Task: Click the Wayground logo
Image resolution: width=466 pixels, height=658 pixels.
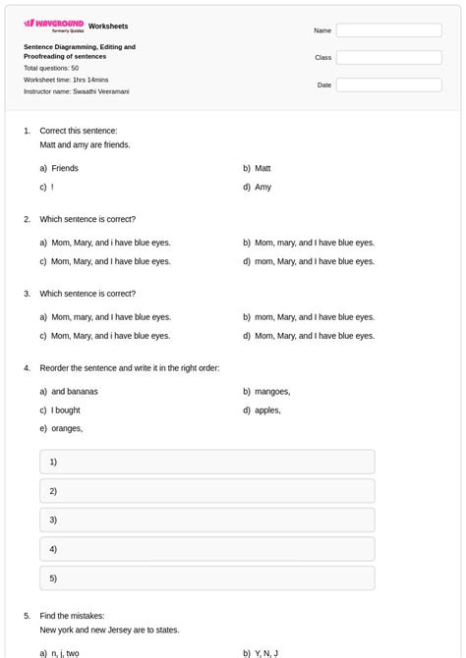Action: click(54, 25)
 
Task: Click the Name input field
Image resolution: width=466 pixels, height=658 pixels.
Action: click(388, 30)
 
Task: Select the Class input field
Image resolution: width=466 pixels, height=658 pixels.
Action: click(388, 58)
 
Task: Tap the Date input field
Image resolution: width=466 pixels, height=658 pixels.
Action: click(388, 85)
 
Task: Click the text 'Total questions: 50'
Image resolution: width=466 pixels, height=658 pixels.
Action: click(51, 68)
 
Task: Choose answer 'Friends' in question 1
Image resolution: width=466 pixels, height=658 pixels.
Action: click(65, 168)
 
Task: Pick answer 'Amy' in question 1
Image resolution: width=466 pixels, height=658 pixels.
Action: click(262, 187)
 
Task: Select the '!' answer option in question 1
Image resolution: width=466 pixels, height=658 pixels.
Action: click(52, 187)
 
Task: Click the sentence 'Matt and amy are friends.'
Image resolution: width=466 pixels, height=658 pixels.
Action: click(85, 144)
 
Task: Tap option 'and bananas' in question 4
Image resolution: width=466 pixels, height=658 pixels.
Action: click(74, 391)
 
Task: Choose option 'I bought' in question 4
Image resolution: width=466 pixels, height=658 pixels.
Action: click(66, 410)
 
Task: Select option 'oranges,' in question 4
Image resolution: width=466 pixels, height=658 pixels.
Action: click(67, 428)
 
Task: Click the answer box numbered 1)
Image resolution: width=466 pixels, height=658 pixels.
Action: click(207, 462)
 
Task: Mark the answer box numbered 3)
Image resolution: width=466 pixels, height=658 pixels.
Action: click(207, 520)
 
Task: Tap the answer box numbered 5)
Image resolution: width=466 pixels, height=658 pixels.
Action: click(207, 578)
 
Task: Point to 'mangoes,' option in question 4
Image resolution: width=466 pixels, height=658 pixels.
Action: click(272, 391)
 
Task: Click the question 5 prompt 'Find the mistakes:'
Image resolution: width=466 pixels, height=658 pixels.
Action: click(72, 616)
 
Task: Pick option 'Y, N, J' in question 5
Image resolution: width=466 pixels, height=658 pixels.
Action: click(266, 653)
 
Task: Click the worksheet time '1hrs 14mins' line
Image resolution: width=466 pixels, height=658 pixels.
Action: click(66, 80)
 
